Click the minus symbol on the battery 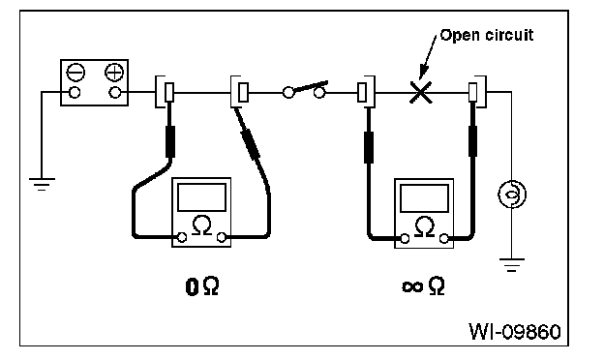pyautogui.click(x=75, y=72)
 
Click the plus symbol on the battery pyautogui.click(x=114, y=72)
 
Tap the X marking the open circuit pyautogui.click(x=420, y=92)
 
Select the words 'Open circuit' pyautogui.click(x=487, y=35)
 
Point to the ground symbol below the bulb pyautogui.click(x=511, y=265)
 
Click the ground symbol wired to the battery pyautogui.click(x=42, y=184)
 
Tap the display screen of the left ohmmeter pyautogui.click(x=201, y=197)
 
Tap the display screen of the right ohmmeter pyautogui.click(x=424, y=198)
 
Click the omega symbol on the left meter pyautogui.click(x=201, y=225)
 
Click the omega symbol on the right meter pyautogui.click(x=425, y=227)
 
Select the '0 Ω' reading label pyautogui.click(x=202, y=286)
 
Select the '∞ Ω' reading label pyautogui.click(x=423, y=286)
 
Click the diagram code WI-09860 pyautogui.click(x=515, y=332)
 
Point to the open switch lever pyautogui.click(x=311, y=86)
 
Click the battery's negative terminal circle pyautogui.click(x=74, y=92)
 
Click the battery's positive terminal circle pyautogui.click(x=114, y=92)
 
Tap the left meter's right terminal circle pyautogui.click(x=222, y=237)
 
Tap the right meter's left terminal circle pyautogui.click(x=405, y=239)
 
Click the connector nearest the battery pyautogui.click(x=165, y=92)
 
